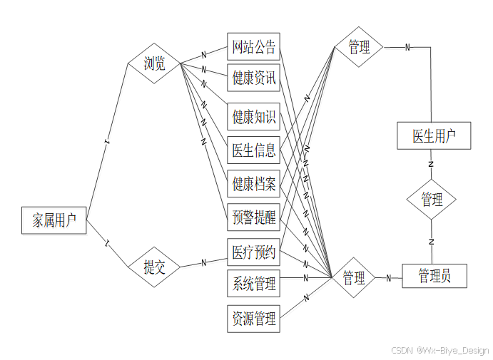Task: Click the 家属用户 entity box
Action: pos(54,220)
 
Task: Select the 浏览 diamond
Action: pos(154,64)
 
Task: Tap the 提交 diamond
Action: pos(154,268)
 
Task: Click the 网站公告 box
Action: pos(253,47)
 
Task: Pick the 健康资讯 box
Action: pos(253,78)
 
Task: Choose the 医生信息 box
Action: pos(253,150)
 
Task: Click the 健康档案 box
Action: pos(253,185)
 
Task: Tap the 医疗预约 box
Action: pos(253,252)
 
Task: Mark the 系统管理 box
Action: pos(253,284)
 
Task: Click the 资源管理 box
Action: pos(253,318)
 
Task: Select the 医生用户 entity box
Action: pos(434,135)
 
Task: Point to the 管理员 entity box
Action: pos(434,276)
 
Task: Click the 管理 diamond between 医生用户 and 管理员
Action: pos(431,200)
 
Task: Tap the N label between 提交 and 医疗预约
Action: pos(203,262)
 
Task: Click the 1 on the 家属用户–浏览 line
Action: pos(107,143)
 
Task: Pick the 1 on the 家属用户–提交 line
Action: pos(107,243)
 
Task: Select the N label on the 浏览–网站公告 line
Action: pos(203,54)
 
